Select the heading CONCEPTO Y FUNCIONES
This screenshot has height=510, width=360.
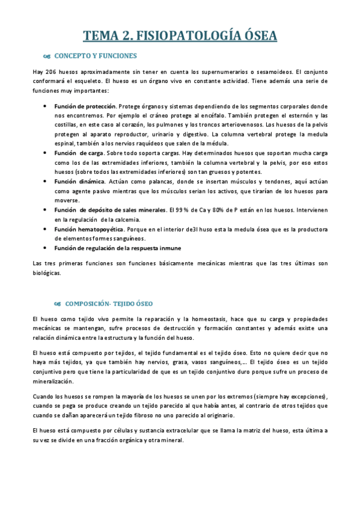[x=96, y=57]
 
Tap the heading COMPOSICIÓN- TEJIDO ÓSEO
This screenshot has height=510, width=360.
[x=109, y=304]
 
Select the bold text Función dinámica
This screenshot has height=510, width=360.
[x=79, y=181]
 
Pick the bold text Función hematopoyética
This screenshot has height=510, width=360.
[x=89, y=229]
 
